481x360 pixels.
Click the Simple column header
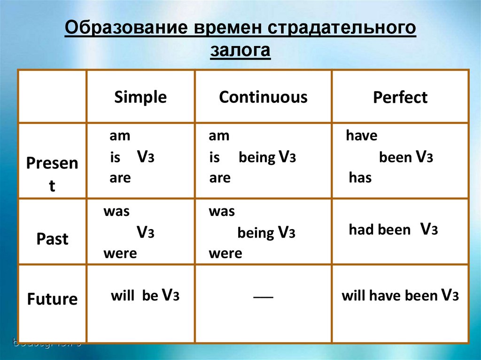tap(140, 97)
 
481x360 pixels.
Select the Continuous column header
tap(263, 97)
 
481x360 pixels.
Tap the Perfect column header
tap(400, 97)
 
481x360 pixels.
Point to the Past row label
tap(52, 238)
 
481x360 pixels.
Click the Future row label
tap(52, 299)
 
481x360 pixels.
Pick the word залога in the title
tap(240, 50)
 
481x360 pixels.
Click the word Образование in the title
tap(126, 27)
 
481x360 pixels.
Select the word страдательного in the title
tap(342, 28)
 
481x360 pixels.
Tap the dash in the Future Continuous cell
tap(263, 297)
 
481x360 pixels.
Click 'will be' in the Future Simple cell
tap(134, 296)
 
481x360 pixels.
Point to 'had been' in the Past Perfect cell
tap(380, 230)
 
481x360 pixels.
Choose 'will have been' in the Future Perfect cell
tap(389, 296)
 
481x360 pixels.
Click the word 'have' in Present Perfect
tap(361, 135)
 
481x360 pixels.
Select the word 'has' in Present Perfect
tap(360, 177)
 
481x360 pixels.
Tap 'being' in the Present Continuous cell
tap(257, 158)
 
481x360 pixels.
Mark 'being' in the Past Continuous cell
tap(256, 233)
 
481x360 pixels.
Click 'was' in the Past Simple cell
tap(116, 212)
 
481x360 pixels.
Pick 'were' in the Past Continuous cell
tap(225, 253)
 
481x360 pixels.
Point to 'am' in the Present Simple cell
tap(120, 136)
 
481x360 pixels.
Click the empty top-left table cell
tap(52, 96)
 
